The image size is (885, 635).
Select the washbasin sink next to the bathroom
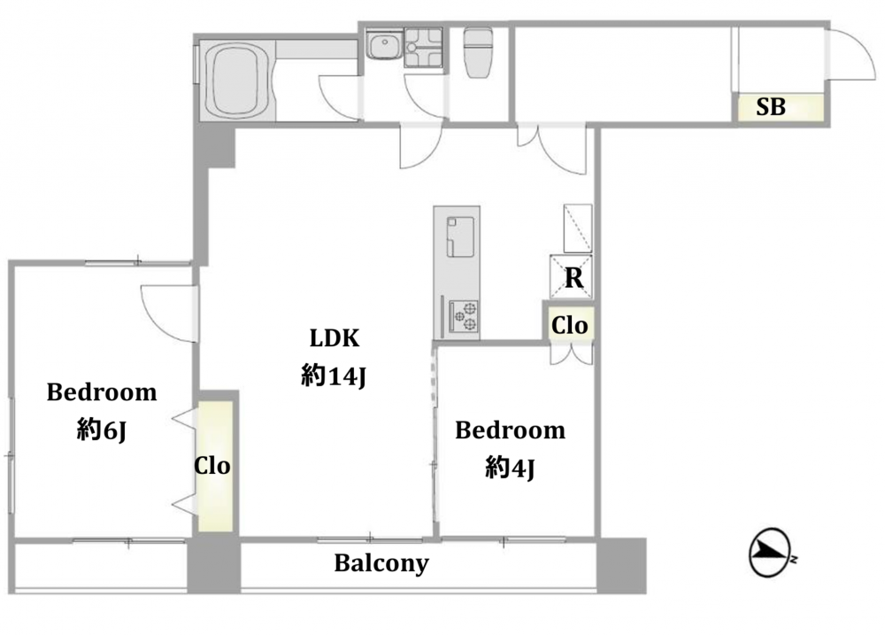[x=384, y=44]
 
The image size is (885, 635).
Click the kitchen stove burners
[x=463, y=316]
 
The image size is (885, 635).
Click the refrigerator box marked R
[x=571, y=277]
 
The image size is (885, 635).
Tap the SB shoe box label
[x=771, y=106]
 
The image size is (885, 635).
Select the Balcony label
[x=381, y=563]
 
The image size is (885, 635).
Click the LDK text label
[x=335, y=337]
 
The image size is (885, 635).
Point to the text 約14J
[x=335, y=376]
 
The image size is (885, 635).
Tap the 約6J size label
[x=102, y=430]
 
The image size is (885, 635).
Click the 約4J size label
[x=510, y=468]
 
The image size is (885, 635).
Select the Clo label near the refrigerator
[x=569, y=325]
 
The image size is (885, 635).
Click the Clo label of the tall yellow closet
[x=212, y=466]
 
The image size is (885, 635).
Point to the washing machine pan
[x=423, y=48]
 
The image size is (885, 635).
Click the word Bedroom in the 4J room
[x=511, y=430]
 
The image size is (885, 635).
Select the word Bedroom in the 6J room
[x=102, y=392]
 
